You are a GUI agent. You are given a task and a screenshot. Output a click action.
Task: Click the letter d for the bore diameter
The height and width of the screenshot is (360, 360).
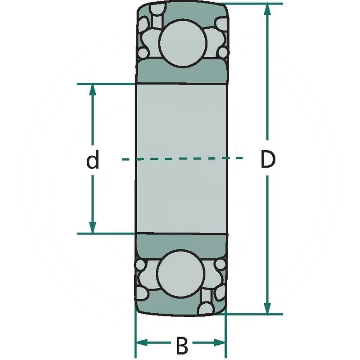pos(93,161)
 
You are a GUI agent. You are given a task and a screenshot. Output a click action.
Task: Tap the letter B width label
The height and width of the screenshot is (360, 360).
pos(181,346)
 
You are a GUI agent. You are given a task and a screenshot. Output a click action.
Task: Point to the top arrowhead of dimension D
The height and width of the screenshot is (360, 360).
pos(268,10)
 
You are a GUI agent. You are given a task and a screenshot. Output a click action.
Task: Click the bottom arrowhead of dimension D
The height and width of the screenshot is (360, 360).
pos(268,308)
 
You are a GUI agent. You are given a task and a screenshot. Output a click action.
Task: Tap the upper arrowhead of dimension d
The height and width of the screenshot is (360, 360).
pos(93,90)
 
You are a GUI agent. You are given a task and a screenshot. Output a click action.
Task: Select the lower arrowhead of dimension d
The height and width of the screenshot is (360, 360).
pos(93,228)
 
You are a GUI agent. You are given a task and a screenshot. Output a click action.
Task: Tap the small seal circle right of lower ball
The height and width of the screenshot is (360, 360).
pos(220,265)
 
